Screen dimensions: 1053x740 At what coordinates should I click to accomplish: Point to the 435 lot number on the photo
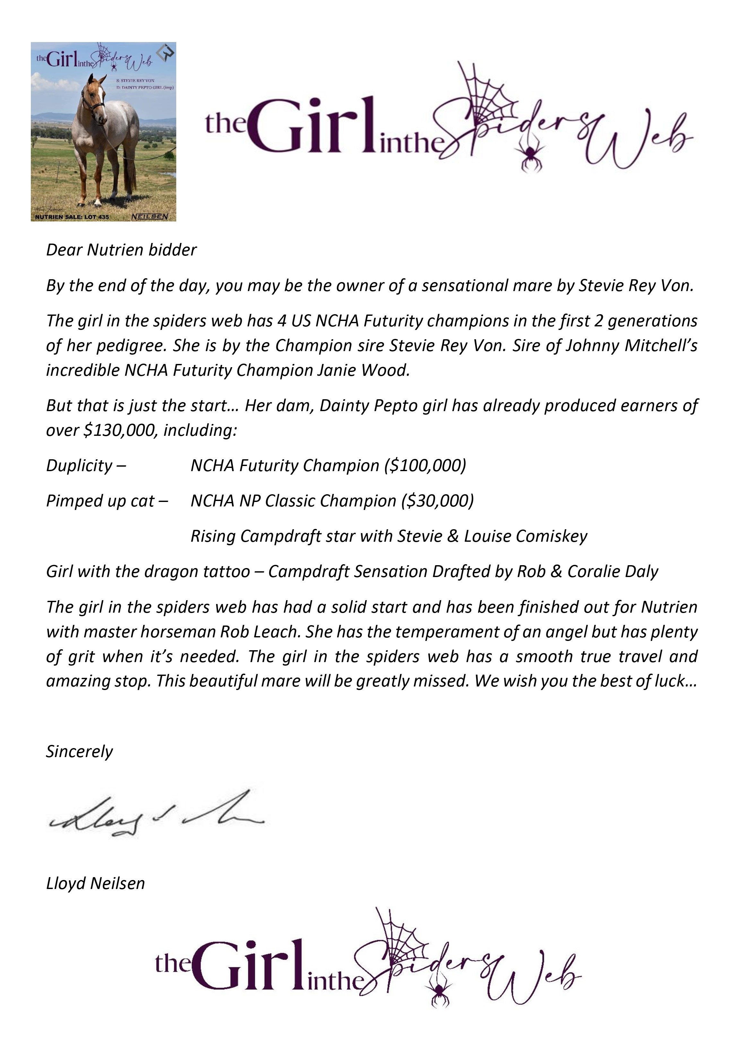pyautogui.click(x=103, y=216)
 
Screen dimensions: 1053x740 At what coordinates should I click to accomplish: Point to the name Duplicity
pyautogui.click(x=79, y=465)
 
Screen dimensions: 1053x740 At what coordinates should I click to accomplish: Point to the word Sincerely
pyautogui.click(x=79, y=751)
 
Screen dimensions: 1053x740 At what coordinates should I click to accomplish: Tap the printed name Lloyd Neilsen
pyautogui.click(x=95, y=883)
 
